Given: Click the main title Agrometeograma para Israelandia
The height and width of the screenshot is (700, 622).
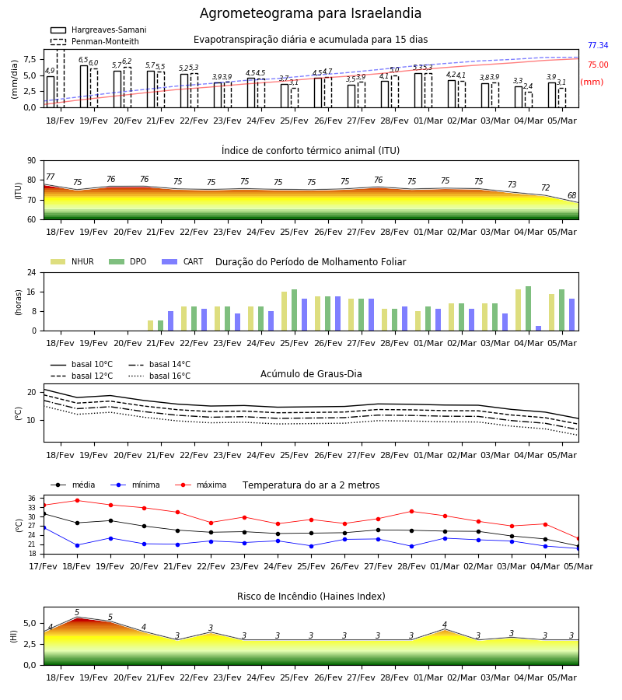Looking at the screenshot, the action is (x=310, y=13).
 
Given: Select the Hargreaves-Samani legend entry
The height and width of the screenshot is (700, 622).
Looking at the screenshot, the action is (x=99, y=30).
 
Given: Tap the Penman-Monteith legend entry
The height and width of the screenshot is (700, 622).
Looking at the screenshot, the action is (x=95, y=41).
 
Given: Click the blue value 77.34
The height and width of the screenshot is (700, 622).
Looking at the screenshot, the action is (x=598, y=46).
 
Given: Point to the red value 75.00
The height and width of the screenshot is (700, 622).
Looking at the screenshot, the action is (x=598, y=65).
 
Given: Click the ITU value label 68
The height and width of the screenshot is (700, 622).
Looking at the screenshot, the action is (x=571, y=195).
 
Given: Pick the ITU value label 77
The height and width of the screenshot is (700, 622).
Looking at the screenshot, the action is (x=51, y=177).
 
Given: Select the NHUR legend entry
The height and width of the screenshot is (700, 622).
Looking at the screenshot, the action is (x=72, y=261).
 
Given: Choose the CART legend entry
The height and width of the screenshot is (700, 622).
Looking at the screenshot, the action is (x=183, y=261).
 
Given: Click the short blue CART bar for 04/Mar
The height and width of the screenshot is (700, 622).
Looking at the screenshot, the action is (x=539, y=328).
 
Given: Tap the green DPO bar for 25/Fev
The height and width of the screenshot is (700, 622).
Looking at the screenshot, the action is (x=295, y=310).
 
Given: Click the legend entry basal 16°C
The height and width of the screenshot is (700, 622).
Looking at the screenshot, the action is (x=159, y=376).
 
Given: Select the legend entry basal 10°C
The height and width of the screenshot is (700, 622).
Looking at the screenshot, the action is (x=82, y=364).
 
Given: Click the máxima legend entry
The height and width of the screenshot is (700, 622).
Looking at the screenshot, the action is (x=201, y=485).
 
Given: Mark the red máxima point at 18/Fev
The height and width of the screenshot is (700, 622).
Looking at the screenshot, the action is (x=77, y=500).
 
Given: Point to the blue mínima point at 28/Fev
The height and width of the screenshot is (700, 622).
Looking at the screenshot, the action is (x=411, y=547).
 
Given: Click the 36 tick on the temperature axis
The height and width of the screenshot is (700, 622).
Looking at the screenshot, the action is (x=32, y=499).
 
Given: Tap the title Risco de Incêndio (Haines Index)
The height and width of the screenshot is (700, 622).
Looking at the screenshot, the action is (x=311, y=597).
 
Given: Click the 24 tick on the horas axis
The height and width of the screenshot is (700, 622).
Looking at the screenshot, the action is (x=32, y=272).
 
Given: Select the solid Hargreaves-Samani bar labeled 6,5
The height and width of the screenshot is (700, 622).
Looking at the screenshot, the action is (x=84, y=86).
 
